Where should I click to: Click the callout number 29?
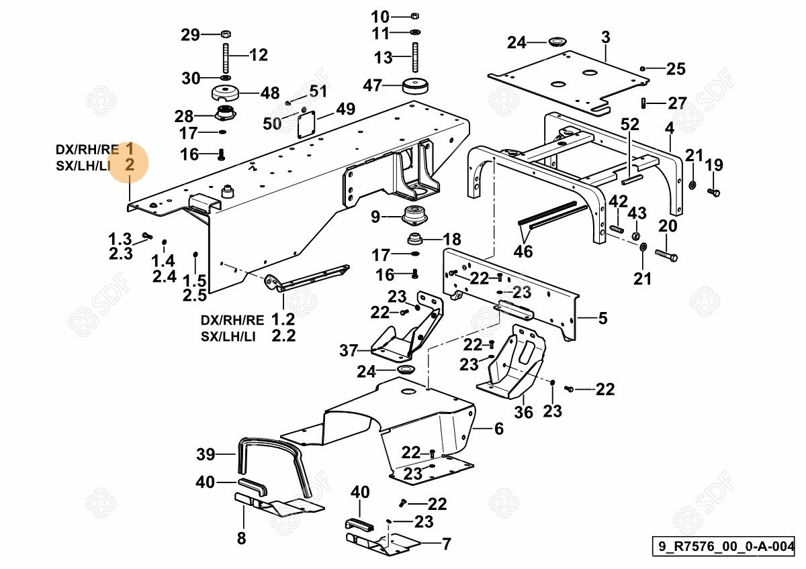[x=191, y=34]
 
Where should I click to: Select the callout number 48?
[x=251, y=93]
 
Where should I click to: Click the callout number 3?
[x=605, y=38]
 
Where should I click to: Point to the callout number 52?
[x=630, y=124]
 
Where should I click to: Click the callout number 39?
[x=206, y=454]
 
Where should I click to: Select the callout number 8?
[x=242, y=537]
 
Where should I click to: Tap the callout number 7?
[x=446, y=544]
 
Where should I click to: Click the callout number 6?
[x=498, y=429]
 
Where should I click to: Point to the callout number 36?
[x=523, y=412]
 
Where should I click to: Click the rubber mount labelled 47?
[x=416, y=87]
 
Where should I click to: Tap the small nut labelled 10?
[x=414, y=16]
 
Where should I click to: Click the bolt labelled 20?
[x=664, y=256]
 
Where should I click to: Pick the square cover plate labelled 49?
[x=306, y=124]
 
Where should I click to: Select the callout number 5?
[x=602, y=318]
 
